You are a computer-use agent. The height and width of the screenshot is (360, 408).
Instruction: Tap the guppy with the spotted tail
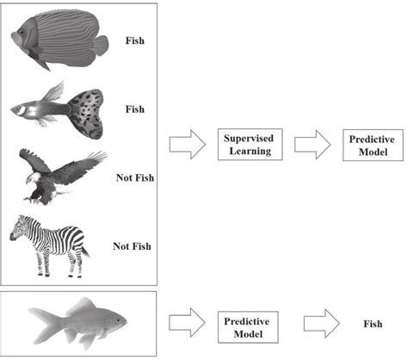(x=60, y=109)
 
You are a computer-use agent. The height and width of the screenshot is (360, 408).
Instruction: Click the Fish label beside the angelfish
(x=135, y=40)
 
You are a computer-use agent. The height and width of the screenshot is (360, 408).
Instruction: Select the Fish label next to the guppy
(x=135, y=109)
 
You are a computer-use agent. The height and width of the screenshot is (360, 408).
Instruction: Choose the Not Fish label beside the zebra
(x=132, y=246)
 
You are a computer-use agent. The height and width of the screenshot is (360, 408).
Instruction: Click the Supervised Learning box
(x=247, y=146)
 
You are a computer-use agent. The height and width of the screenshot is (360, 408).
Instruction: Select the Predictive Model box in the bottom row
(x=247, y=326)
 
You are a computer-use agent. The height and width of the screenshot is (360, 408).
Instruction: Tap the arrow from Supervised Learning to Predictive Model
(x=312, y=146)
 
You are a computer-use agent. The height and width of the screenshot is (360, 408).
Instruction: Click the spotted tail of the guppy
(x=85, y=112)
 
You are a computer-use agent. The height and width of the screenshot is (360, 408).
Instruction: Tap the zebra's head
(x=16, y=231)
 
